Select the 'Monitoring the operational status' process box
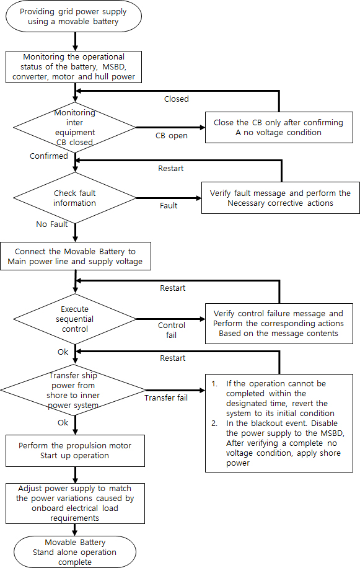click(x=75, y=66)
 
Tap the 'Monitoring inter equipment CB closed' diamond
click(x=74, y=126)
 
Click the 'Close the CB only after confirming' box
click(x=278, y=126)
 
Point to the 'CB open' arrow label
click(x=170, y=135)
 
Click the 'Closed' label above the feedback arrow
click(x=177, y=99)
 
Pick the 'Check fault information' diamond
click(x=74, y=198)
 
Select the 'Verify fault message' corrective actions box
click(x=281, y=198)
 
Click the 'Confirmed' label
click(x=48, y=156)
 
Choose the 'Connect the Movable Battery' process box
click(x=75, y=257)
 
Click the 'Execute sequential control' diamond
click(x=74, y=319)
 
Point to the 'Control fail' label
click(x=172, y=330)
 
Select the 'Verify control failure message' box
click(x=278, y=323)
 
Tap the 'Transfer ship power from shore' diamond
click(x=74, y=390)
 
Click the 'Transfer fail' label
click(x=166, y=397)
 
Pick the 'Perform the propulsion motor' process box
click(x=75, y=451)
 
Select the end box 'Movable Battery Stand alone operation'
click(x=75, y=551)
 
